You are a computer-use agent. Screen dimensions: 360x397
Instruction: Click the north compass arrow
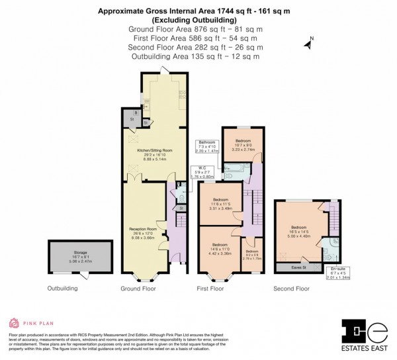(x=308, y=45)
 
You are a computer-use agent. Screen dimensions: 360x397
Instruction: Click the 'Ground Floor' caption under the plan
(x=138, y=289)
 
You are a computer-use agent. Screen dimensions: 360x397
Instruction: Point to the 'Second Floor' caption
(x=291, y=289)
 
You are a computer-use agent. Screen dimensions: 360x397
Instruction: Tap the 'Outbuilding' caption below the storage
(x=62, y=289)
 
